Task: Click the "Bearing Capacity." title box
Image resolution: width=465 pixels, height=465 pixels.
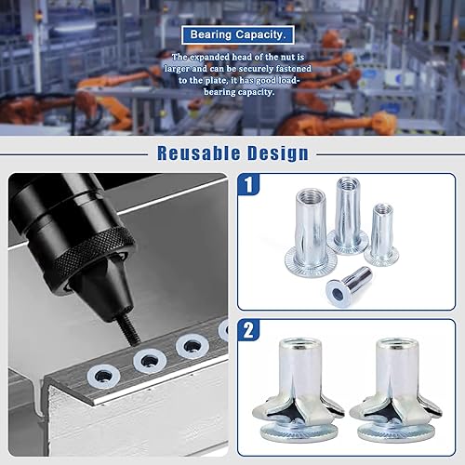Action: point(238,34)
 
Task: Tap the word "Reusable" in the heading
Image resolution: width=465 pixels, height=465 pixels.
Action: point(199,153)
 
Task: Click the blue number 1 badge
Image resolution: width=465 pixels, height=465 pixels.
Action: point(248,184)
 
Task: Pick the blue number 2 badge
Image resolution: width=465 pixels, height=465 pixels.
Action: point(248,330)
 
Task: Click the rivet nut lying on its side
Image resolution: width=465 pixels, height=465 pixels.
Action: point(349,284)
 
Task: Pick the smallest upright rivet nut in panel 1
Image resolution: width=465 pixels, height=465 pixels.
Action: point(381,234)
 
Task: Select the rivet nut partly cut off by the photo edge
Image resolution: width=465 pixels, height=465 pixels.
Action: point(224,330)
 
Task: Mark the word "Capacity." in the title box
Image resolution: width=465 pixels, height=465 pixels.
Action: point(262,34)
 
